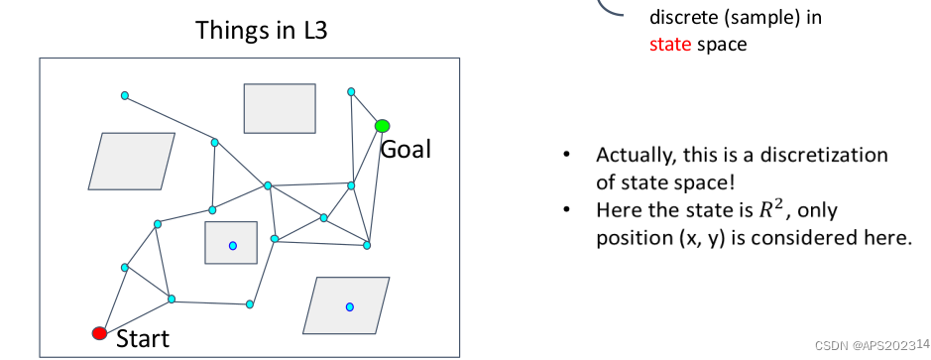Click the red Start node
coord(99,333)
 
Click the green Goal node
coord(383,126)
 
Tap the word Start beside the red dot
coord(143,339)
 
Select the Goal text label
coord(406,149)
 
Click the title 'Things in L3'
coord(261,31)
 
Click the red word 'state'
coord(670,45)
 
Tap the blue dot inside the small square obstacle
coord(233,245)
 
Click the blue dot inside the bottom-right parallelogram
coord(350,306)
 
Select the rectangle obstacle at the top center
coord(280,108)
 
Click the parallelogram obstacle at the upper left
coord(132,161)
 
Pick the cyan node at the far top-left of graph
coord(125,95)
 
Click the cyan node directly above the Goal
coord(351,91)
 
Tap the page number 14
coord(923,343)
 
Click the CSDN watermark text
coord(866,346)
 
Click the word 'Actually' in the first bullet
coord(637,155)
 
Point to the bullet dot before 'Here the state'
coord(567,209)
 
